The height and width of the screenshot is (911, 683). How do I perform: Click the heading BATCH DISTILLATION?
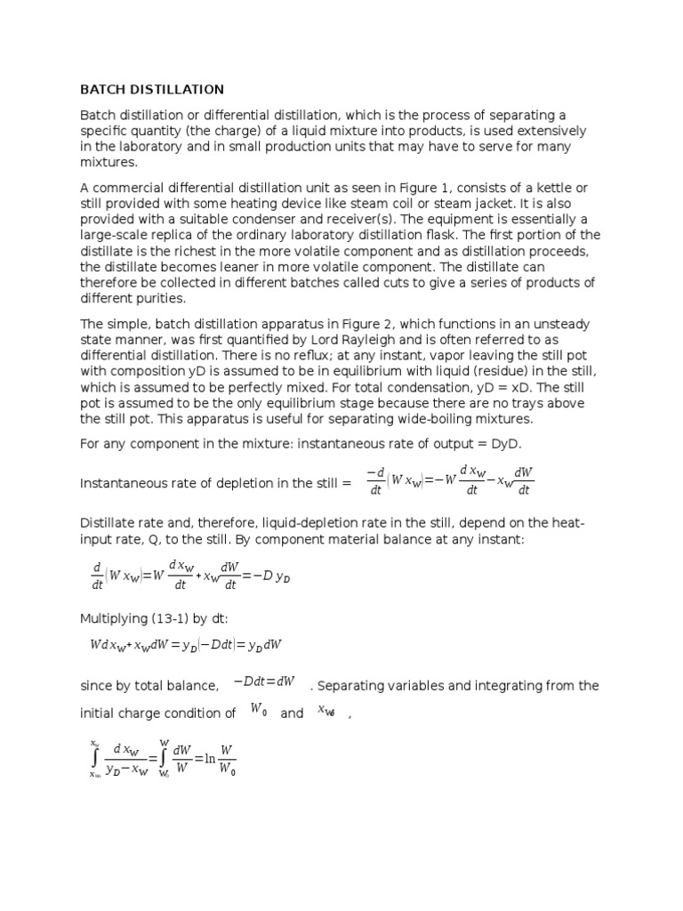(x=152, y=90)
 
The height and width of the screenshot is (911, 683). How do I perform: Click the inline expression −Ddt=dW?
(x=264, y=681)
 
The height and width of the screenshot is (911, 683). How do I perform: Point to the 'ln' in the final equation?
(x=210, y=759)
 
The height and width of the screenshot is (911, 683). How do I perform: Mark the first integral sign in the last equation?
(x=94, y=758)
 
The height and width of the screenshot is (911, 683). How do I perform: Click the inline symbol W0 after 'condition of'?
(x=259, y=710)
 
